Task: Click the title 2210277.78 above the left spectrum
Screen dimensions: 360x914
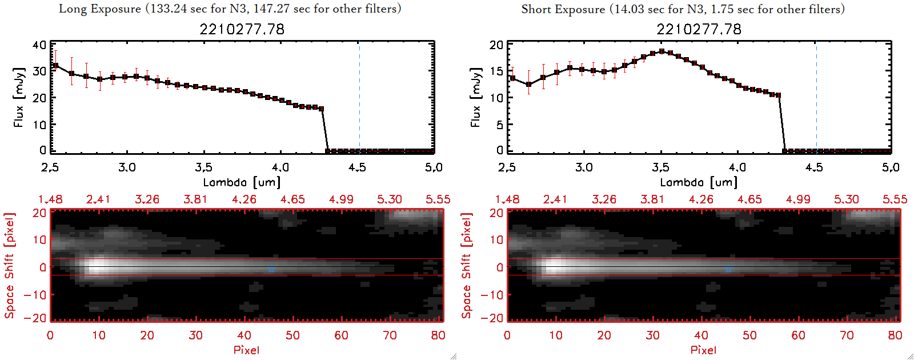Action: [x=242, y=29]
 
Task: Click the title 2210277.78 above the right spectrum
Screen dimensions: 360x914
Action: [x=699, y=29]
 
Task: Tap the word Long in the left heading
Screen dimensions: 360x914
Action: [x=73, y=9]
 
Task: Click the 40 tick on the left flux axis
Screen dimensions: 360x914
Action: [x=39, y=45]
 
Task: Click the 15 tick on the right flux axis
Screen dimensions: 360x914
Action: [x=496, y=71]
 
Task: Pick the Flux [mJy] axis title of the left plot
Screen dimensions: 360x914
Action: [x=19, y=97]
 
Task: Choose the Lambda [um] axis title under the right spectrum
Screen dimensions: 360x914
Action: [x=699, y=182]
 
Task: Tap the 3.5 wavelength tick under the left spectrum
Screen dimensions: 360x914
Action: [x=204, y=167]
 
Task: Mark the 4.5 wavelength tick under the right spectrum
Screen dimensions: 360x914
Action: [x=814, y=167]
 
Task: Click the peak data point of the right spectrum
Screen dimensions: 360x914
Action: [x=662, y=51]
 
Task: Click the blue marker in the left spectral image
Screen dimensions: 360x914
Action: [x=271, y=269]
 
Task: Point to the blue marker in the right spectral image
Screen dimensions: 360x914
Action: [x=728, y=269]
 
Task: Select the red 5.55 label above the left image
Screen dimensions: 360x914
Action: [x=438, y=199]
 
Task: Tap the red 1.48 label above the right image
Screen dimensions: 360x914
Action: [x=507, y=199]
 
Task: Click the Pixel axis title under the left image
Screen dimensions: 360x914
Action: [x=246, y=350]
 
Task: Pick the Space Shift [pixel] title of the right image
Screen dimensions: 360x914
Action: [x=467, y=266]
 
